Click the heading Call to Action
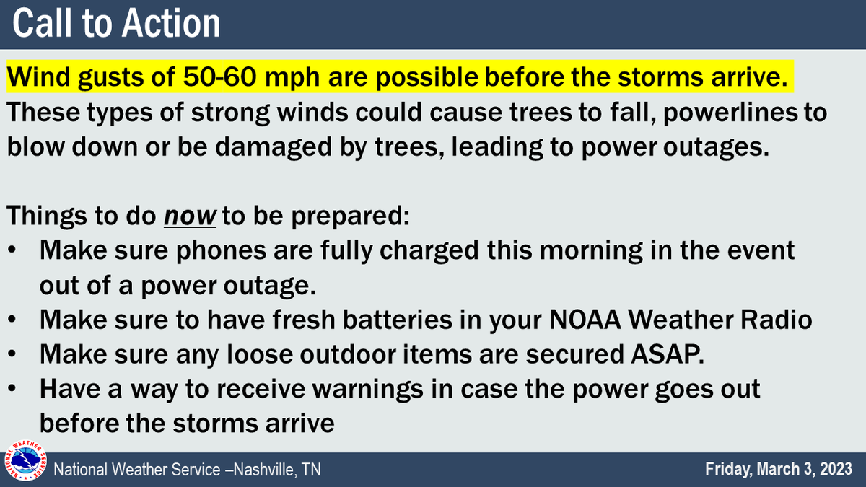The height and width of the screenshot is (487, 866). (117, 23)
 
